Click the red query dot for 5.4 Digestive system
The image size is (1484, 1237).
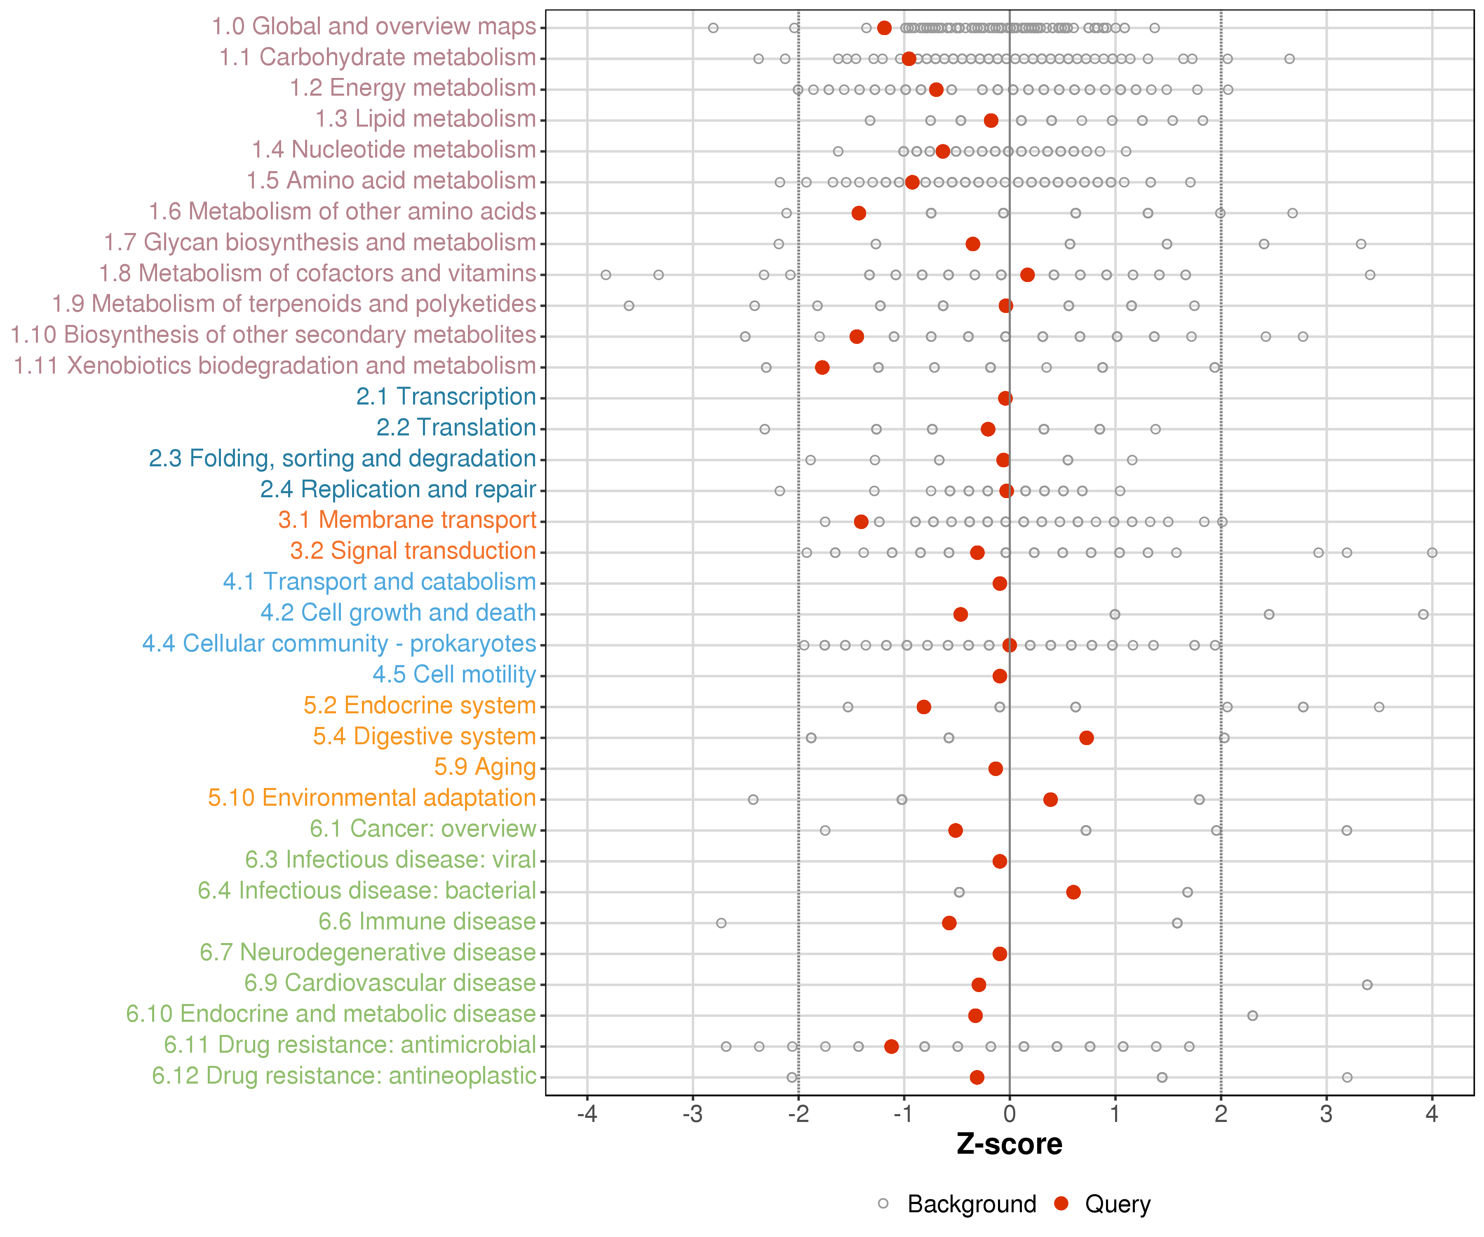1086,738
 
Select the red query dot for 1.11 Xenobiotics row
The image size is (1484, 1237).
822,367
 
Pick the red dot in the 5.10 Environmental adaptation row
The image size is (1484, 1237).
1050,800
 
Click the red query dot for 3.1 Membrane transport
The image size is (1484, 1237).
861,522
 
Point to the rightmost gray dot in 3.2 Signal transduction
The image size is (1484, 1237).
1432,553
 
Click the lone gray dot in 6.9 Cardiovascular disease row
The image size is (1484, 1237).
1367,985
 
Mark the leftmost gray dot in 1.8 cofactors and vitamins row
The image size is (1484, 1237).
606,275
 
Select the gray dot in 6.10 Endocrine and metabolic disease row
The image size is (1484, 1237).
1252,1016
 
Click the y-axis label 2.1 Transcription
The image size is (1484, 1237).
446,397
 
